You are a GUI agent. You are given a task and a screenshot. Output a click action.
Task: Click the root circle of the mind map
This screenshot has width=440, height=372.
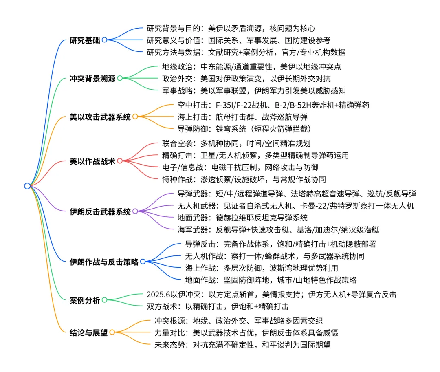point(27,186)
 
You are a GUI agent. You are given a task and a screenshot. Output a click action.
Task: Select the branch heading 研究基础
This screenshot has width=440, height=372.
point(85,40)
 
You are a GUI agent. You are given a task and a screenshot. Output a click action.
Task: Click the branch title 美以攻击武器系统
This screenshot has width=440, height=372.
point(101,117)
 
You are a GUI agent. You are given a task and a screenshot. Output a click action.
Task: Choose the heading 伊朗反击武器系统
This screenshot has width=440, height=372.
point(101,211)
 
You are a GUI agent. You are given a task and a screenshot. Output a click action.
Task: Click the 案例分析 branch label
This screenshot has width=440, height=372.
point(85,300)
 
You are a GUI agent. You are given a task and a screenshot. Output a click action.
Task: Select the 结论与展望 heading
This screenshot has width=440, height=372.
point(89,332)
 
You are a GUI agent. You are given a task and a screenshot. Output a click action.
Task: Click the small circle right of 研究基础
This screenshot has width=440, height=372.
point(104,40)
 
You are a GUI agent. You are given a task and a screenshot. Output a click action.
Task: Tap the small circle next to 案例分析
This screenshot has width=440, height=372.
point(104,300)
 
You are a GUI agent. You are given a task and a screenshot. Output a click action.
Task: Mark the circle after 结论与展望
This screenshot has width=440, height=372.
point(112,332)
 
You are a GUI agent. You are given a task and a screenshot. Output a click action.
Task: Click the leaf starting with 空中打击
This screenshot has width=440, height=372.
point(273,105)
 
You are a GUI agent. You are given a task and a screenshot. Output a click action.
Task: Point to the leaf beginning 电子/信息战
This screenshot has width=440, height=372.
point(240,167)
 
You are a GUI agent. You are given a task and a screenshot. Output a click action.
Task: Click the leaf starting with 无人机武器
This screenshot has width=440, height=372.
point(295,205)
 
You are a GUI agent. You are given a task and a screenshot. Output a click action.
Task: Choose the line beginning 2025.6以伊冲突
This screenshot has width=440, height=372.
point(271,294)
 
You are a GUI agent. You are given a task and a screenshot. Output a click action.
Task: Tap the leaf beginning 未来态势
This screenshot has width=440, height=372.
point(242,345)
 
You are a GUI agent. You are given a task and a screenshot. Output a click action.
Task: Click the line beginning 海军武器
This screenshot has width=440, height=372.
point(278,229)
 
